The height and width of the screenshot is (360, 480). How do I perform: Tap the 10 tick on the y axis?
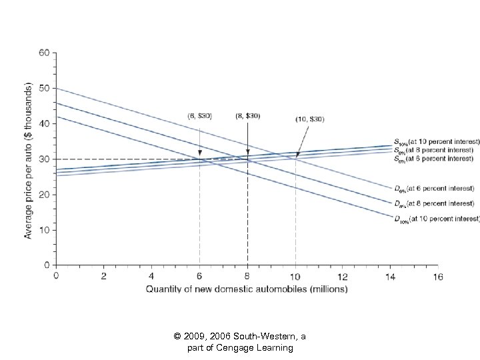coord(45,230)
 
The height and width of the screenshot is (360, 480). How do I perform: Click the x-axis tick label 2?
coord(103,275)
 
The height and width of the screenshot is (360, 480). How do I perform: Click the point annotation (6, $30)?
coord(199,115)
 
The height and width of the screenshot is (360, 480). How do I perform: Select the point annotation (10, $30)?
coord(311,119)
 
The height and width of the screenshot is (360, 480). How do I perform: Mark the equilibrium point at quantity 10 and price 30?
coord(295,159)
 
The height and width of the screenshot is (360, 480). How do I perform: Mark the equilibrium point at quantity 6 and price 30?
coord(199,159)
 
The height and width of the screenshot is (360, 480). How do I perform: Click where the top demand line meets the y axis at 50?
coord(56,88)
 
